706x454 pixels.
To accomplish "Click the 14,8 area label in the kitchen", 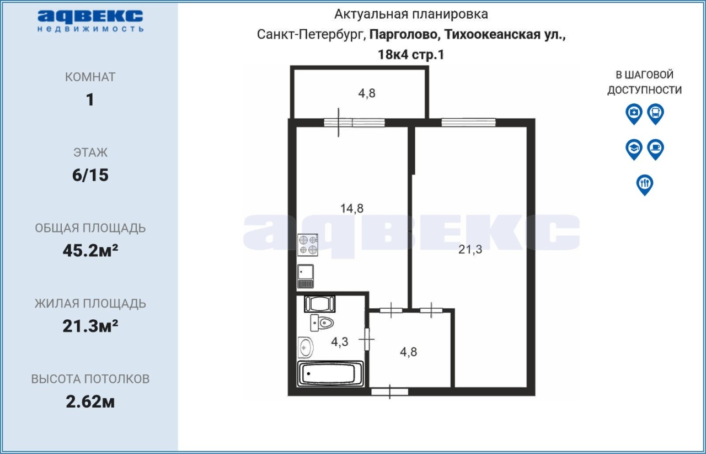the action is (x=352, y=208).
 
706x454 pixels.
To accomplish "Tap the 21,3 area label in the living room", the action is (x=470, y=250).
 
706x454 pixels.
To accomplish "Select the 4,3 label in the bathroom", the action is (x=339, y=342).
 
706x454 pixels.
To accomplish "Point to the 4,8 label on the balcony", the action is (x=367, y=93).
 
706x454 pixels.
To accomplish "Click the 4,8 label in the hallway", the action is (x=408, y=352).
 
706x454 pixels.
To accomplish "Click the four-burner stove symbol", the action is (x=308, y=245).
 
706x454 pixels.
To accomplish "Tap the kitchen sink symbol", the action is (x=306, y=276).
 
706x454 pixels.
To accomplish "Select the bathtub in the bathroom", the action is (x=330, y=374).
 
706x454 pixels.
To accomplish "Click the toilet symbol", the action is (x=322, y=323).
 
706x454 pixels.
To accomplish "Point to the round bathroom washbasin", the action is (x=305, y=347).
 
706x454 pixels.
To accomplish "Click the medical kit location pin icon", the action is (x=634, y=114).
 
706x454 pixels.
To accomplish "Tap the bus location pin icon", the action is (x=656, y=114).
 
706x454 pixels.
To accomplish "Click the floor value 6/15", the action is (x=90, y=175).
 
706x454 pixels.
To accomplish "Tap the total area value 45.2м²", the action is (x=90, y=250).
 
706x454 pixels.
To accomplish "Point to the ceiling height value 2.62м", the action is (x=90, y=402).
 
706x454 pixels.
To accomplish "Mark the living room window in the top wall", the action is (x=468, y=123).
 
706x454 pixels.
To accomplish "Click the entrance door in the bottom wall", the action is (x=389, y=392).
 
